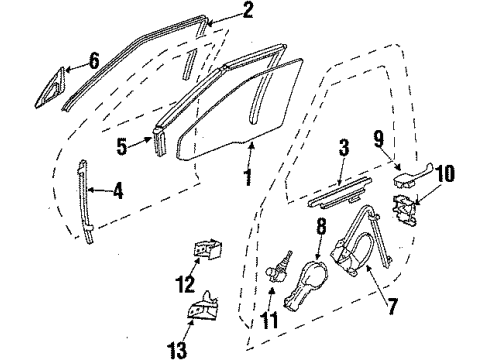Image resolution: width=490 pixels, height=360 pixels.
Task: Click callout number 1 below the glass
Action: pos(248,176)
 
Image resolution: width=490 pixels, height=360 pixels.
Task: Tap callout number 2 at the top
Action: pos(247,10)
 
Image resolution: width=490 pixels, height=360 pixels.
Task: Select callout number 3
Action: pos(344,148)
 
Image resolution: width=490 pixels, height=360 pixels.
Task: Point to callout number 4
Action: pos(118,190)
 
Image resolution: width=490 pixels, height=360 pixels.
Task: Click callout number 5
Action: pos(122,147)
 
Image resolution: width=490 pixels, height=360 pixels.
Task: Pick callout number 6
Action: pos(94,61)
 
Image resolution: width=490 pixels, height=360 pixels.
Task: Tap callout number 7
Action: pos(393,306)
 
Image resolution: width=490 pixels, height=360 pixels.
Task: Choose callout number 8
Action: pos(321,227)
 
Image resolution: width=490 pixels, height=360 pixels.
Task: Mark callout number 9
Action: pos(379,139)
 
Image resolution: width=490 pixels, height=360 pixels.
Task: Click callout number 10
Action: pos(444,173)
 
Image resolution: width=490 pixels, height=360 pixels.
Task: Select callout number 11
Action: pos(270,320)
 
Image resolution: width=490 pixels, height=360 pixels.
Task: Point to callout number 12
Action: pos(185,284)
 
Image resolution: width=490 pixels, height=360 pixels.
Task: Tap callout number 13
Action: pos(177,350)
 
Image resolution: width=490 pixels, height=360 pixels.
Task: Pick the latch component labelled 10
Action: pos(404,209)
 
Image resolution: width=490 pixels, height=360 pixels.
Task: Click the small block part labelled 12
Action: pos(208,249)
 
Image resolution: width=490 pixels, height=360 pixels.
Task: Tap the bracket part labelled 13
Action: pos(202,306)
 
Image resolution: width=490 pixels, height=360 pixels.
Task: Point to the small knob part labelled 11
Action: pos(279,269)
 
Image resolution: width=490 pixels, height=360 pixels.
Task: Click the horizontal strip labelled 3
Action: pos(339,194)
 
